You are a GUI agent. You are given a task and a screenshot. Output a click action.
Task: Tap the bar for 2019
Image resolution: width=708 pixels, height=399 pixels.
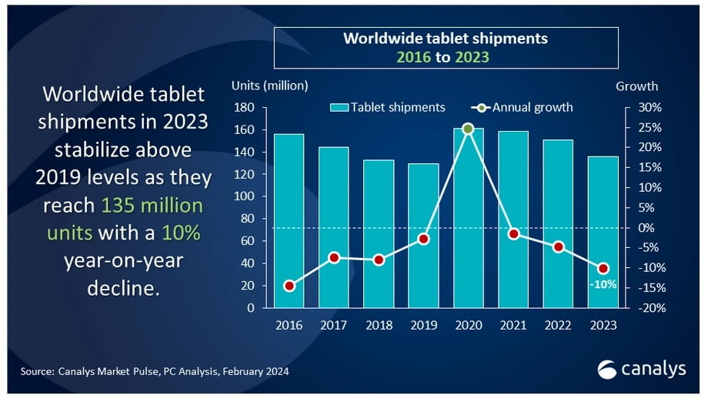pos(423,235)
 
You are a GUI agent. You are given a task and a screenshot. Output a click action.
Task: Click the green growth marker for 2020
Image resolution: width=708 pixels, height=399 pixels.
pos(468,128)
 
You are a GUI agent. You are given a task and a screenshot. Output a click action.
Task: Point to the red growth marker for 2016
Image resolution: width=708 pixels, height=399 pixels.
pos(289,286)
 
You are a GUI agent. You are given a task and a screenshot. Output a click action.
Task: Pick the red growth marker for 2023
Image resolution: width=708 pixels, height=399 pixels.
pos(603,268)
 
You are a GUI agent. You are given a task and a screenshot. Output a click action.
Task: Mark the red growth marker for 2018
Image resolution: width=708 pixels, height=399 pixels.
pos(379,260)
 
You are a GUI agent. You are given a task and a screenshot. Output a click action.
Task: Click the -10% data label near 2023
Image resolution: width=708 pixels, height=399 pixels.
pos(603,284)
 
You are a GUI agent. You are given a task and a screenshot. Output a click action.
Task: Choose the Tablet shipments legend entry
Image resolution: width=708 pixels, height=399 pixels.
pos(389,107)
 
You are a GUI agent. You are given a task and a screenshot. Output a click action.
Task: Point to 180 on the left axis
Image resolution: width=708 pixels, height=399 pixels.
pos(245,107)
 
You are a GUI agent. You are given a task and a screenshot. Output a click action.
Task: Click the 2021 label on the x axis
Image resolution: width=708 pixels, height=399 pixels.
pos(513,325)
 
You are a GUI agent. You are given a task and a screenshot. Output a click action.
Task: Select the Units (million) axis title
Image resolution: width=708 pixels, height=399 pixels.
pos(269,86)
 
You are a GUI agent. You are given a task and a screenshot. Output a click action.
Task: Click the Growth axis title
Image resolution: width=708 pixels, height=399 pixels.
pos(636,86)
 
